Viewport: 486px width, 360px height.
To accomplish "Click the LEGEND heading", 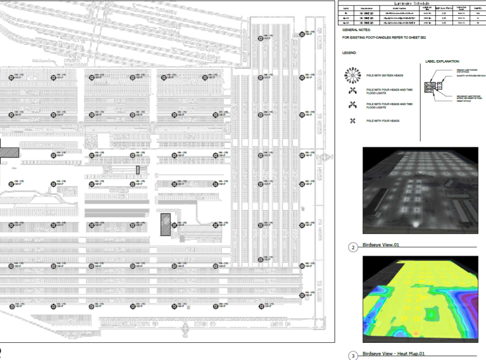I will [x=349, y=53].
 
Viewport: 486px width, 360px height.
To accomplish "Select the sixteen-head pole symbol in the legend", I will [x=352, y=76].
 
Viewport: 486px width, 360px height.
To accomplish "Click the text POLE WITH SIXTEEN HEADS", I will [x=384, y=76].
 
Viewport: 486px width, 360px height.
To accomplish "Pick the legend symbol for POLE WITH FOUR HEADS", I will [x=352, y=121].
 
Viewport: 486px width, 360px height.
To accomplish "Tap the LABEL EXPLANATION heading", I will [x=442, y=61].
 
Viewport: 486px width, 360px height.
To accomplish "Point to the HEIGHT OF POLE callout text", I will [x=459, y=102].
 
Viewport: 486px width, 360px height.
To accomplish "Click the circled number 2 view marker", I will [x=353, y=247].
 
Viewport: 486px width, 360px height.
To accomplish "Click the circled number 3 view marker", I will [x=353, y=355].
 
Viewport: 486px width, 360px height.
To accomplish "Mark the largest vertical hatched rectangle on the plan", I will [x=166, y=225].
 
